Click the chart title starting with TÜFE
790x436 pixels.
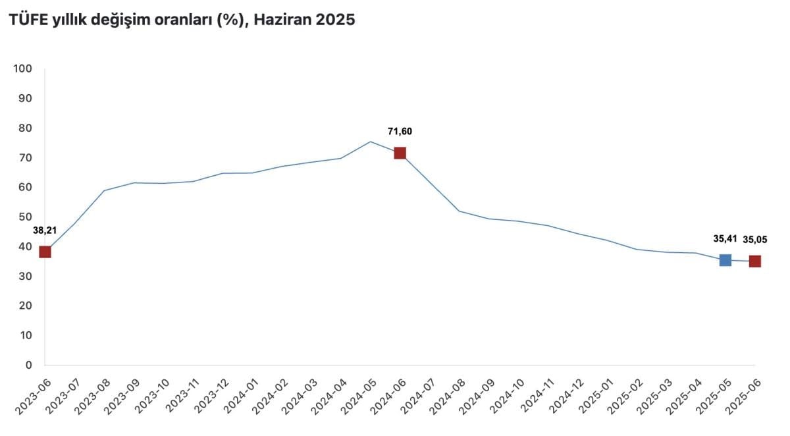[181, 20]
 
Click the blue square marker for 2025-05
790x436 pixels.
[725, 260]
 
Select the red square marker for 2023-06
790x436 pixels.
[45, 252]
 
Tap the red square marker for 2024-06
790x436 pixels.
[400, 153]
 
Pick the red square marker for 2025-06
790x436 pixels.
[755, 261]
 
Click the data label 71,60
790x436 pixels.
[400, 131]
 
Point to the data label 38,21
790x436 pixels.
[45, 231]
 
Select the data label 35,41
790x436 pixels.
[725, 239]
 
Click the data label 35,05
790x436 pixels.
[755, 239]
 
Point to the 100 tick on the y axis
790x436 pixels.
[23, 68]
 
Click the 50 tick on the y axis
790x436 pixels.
[25, 217]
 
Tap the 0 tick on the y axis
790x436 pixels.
[28, 365]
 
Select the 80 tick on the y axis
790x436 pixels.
[25, 128]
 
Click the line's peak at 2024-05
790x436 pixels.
[370, 142]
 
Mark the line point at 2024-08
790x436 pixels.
[459, 211]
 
